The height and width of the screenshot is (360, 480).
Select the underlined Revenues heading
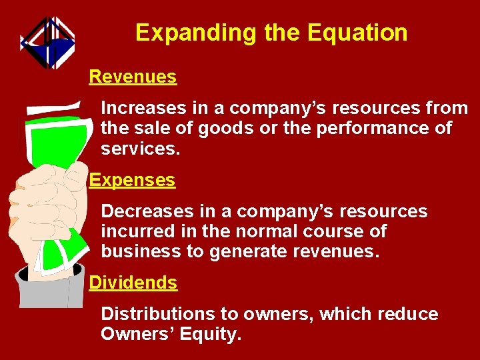(x=133, y=77)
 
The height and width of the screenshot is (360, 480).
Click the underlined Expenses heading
(x=132, y=180)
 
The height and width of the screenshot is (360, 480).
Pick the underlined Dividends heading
(x=133, y=283)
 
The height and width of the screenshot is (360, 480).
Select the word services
(x=140, y=148)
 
